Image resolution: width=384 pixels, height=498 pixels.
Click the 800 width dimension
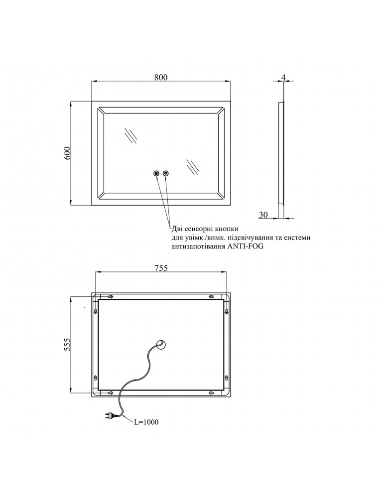point(160,77)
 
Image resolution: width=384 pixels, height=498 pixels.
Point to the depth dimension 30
point(264,215)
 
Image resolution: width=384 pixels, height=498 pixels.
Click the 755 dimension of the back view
point(160,268)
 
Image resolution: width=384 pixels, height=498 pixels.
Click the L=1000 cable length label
point(146,422)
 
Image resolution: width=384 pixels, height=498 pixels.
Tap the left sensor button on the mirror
point(156,173)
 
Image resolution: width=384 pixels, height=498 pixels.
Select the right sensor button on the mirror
point(166,173)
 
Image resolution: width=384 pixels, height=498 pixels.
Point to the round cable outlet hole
point(162,344)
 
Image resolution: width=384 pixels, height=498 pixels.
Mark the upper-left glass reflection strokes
point(131,135)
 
